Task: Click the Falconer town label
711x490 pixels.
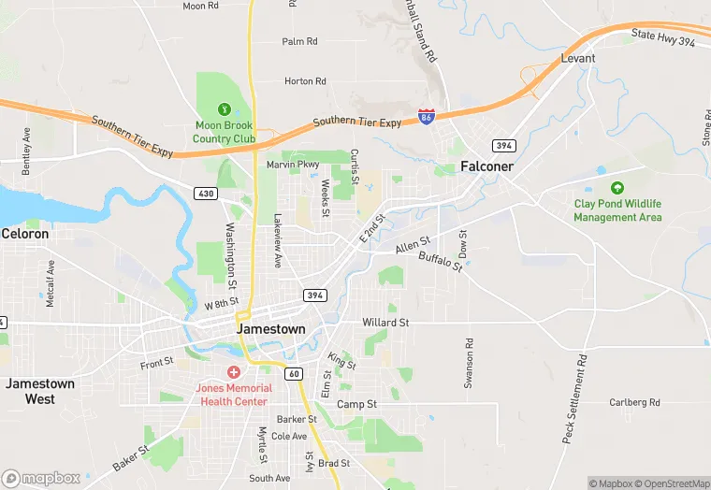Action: click(486, 166)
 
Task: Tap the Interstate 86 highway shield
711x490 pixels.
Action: click(426, 118)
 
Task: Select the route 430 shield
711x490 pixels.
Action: click(206, 193)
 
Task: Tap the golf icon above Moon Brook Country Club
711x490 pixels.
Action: click(224, 109)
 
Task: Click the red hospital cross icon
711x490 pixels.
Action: click(233, 372)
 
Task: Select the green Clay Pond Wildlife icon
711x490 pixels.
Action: click(617, 188)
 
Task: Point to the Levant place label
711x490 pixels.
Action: click(577, 58)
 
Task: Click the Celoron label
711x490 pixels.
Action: click(25, 233)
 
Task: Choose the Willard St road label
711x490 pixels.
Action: click(385, 323)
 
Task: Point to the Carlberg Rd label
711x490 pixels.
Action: click(634, 402)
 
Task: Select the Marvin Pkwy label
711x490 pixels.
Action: click(293, 165)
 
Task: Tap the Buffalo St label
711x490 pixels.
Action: click(440, 261)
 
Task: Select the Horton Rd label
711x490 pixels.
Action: click(305, 81)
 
